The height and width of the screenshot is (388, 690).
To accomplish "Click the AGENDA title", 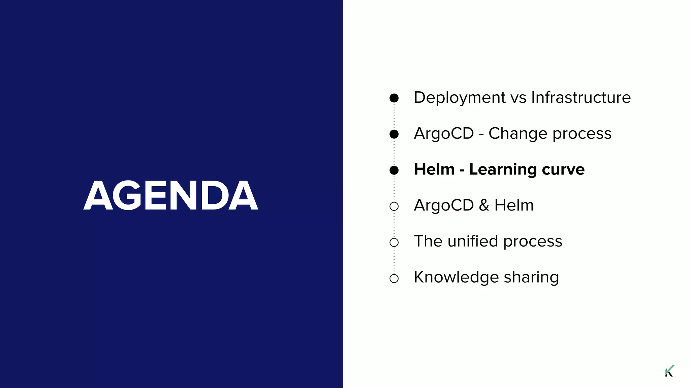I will (171, 196).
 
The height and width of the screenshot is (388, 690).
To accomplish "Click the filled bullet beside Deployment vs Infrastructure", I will (394, 98).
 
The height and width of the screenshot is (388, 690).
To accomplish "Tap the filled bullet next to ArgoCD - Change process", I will (394, 134).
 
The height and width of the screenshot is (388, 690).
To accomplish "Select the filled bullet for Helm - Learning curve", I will (394, 170).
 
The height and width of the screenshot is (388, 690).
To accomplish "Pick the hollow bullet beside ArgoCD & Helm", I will (394, 206).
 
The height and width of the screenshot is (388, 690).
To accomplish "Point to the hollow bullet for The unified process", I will (394, 242).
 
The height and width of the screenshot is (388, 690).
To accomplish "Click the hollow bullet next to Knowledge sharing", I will (394, 278).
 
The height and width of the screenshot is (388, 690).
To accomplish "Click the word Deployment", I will (460, 98).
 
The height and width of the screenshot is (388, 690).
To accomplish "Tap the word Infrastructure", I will (581, 97).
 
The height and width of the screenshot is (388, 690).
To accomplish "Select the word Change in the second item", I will (518, 133).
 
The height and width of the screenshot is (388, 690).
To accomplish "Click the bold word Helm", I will (434, 169).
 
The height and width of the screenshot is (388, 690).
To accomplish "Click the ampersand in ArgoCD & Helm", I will (484, 205).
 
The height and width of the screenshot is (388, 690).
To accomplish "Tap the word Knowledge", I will (456, 278).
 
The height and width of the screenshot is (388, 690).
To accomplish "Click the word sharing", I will (531, 278).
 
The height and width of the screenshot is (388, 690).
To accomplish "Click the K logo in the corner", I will (669, 371).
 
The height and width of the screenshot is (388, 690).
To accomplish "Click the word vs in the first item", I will (518, 98).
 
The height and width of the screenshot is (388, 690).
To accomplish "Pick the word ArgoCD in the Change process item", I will (444, 133).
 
